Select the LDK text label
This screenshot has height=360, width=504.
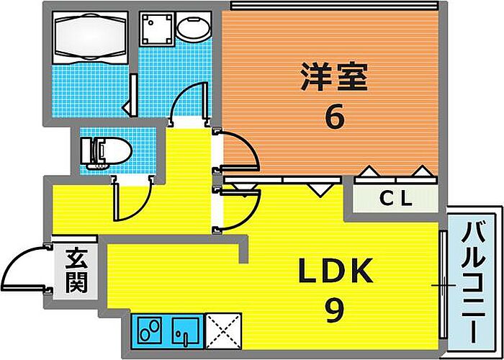coord(336,272)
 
